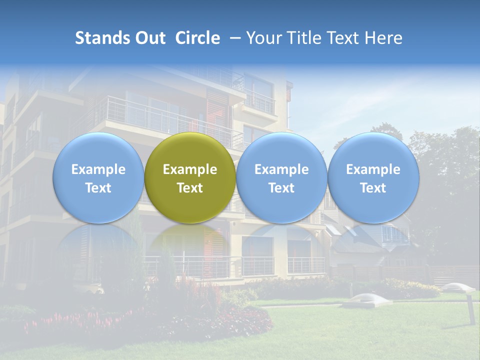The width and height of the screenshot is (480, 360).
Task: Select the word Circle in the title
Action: click(x=197, y=38)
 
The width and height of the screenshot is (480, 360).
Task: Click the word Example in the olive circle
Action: click(x=190, y=169)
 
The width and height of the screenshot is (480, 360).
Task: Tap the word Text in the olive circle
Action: click(x=190, y=188)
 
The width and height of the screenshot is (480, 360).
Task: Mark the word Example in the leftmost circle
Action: click(x=98, y=169)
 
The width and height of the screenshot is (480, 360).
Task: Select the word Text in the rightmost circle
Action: click(x=373, y=188)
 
